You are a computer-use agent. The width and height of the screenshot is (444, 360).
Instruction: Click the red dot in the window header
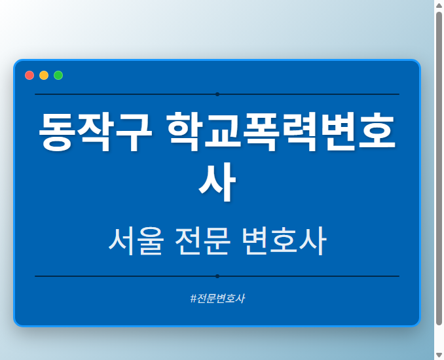click(29, 75)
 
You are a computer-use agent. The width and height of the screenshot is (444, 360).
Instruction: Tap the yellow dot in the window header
click(44, 75)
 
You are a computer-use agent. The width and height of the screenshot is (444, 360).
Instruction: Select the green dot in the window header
click(58, 75)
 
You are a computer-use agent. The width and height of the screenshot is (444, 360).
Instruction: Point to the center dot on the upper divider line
click(217, 94)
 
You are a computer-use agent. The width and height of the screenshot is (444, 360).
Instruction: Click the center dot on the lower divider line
click(217, 276)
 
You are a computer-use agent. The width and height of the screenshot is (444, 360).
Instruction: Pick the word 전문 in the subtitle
click(203, 242)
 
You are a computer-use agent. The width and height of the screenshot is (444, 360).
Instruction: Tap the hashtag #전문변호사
click(217, 298)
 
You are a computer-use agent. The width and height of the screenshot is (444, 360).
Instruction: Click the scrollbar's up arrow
click(439, 5)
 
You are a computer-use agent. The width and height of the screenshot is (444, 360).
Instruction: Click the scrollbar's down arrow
click(439, 355)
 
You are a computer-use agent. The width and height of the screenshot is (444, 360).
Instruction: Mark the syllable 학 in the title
click(186, 133)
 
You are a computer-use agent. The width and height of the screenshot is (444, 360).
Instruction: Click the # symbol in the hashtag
click(193, 298)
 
